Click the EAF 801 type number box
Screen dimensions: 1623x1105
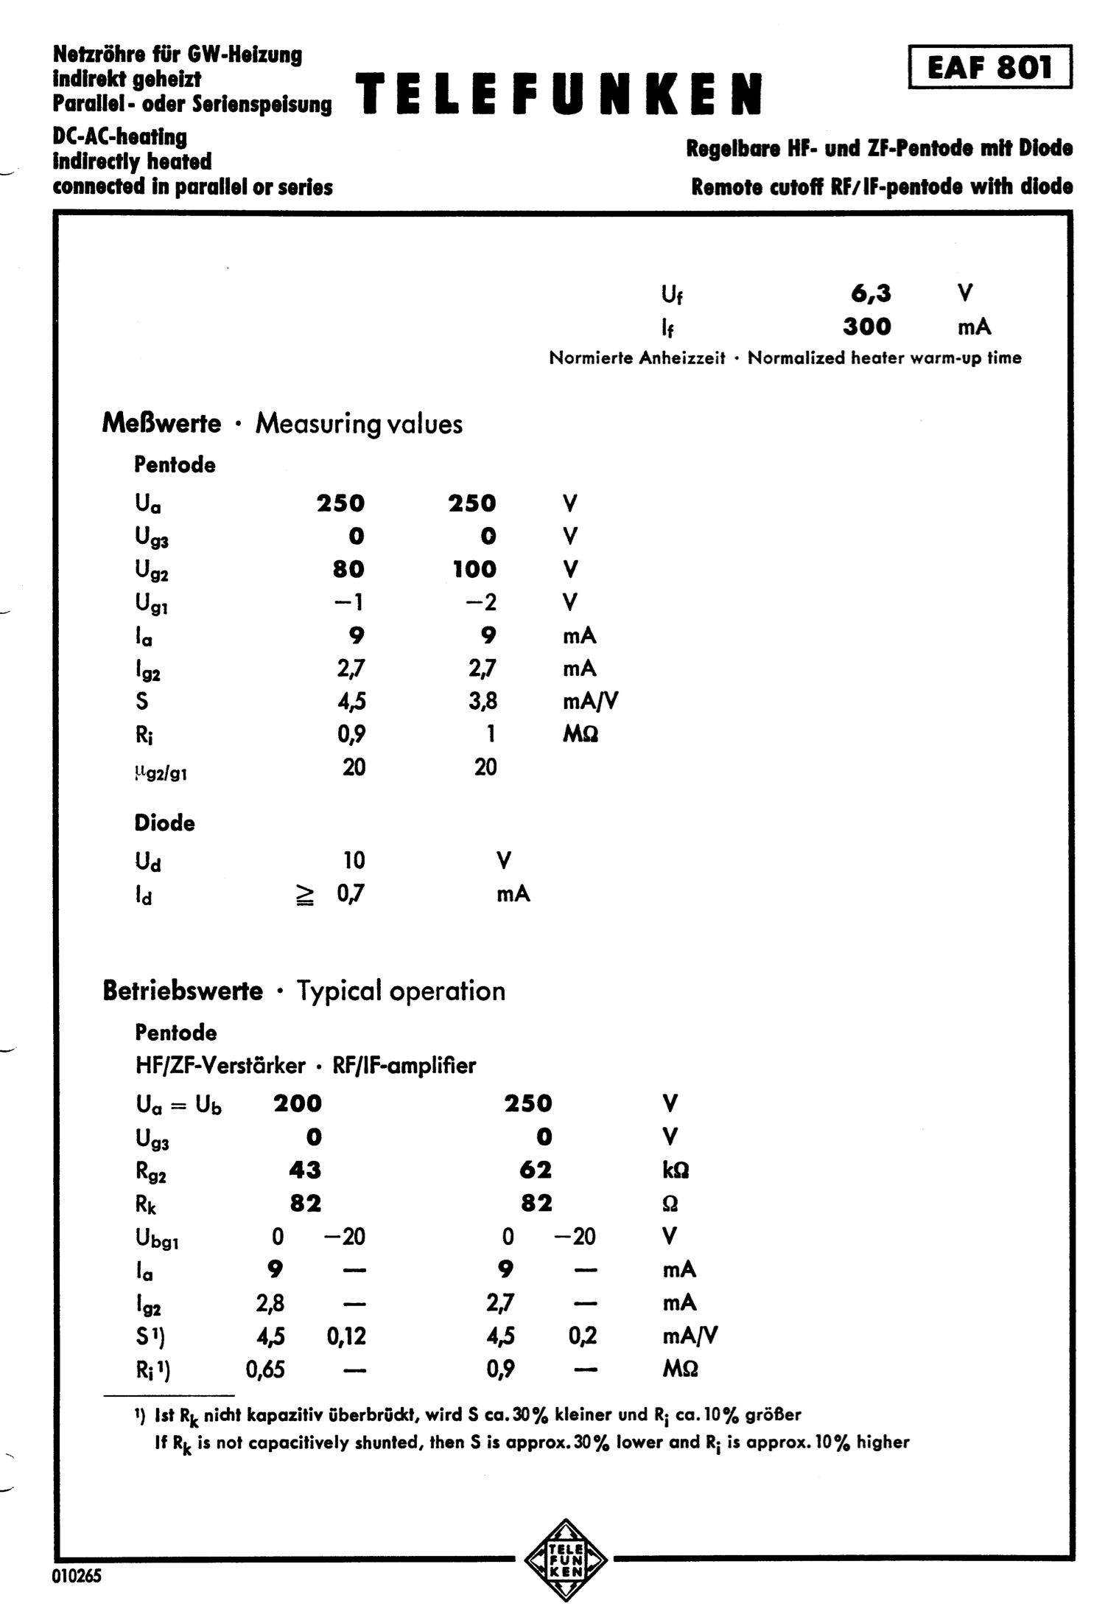click(x=989, y=67)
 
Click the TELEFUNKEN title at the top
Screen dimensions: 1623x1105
click(x=559, y=95)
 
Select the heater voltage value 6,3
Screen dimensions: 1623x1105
click(x=871, y=294)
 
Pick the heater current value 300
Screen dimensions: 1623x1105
click(x=867, y=327)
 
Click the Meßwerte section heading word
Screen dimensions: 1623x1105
click(x=161, y=424)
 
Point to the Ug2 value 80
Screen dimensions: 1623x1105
click(x=348, y=569)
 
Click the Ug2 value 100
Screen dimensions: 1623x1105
click(x=474, y=569)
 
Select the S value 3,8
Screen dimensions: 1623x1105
click(x=483, y=701)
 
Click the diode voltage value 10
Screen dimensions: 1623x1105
click(x=353, y=860)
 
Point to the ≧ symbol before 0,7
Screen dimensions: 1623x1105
click(x=306, y=895)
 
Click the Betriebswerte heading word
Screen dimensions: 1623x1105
click(x=183, y=991)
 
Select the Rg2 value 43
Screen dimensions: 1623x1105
click(x=305, y=1170)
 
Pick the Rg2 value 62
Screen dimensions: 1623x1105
click(x=536, y=1170)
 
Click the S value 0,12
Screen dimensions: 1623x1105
click(x=346, y=1336)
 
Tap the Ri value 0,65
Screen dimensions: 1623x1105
click(x=265, y=1369)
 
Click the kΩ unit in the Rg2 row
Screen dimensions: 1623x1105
click(x=676, y=1170)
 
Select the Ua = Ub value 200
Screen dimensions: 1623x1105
click(x=298, y=1103)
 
